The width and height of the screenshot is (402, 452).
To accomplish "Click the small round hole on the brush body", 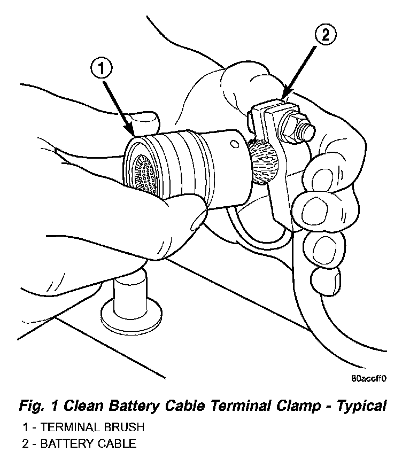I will (x=233, y=143).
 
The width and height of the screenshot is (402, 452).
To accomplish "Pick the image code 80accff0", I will (x=368, y=378).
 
